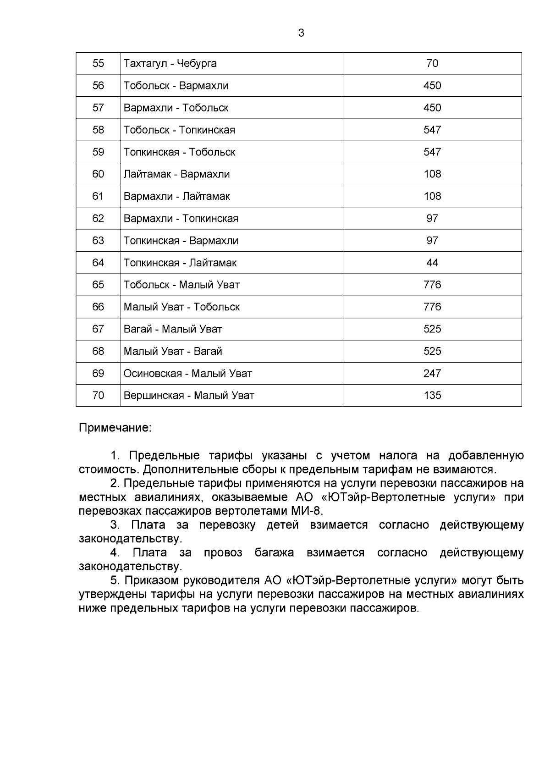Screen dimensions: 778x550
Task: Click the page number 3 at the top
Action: coord(301,33)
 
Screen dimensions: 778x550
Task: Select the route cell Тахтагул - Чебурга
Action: coord(170,63)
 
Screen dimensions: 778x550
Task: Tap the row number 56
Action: coord(98,86)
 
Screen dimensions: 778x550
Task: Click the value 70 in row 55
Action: coord(432,63)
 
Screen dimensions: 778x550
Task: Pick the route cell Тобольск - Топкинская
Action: coord(179,130)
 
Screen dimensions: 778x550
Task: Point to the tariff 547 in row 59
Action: coord(432,152)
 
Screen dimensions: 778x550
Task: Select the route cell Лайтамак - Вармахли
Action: coord(176,174)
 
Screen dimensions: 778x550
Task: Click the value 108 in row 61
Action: coord(432,196)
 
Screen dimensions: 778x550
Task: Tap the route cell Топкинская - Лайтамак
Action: coord(180,263)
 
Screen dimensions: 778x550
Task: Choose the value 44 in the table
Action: coord(432,263)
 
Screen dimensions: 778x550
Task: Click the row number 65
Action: coord(98,285)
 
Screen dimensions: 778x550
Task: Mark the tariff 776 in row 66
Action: coord(432,307)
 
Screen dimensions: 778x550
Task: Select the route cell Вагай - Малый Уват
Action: coord(173,329)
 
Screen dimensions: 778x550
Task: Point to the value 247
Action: coord(432,373)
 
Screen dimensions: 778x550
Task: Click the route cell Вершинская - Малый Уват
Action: coord(189,395)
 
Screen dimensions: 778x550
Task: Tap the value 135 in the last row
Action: coord(432,395)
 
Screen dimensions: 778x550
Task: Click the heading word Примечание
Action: coord(115,428)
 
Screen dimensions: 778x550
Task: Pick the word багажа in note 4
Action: coord(274,553)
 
